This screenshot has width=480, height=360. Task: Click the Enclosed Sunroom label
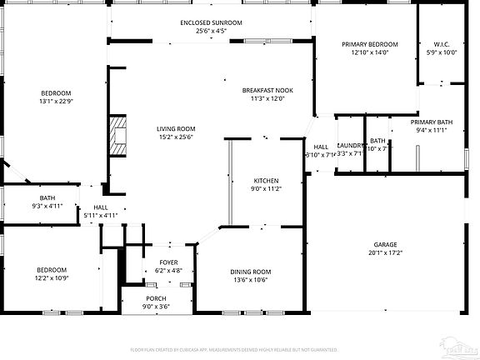click(x=211, y=22)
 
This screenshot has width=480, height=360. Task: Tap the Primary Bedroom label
click(x=370, y=44)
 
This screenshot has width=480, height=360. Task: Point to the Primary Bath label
click(x=431, y=122)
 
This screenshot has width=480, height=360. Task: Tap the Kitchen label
click(x=266, y=181)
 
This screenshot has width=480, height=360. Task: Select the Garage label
click(x=384, y=244)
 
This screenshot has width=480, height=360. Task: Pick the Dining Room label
click(x=251, y=272)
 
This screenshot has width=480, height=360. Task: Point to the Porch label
click(x=156, y=298)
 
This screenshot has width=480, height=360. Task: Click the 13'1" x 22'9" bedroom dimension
click(x=57, y=102)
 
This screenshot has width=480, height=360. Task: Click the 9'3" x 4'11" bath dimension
click(x=47, y=206)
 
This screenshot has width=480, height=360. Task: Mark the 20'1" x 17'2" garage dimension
click(x=384, y=252)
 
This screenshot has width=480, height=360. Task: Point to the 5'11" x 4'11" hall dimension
click(x=101, y=216)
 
